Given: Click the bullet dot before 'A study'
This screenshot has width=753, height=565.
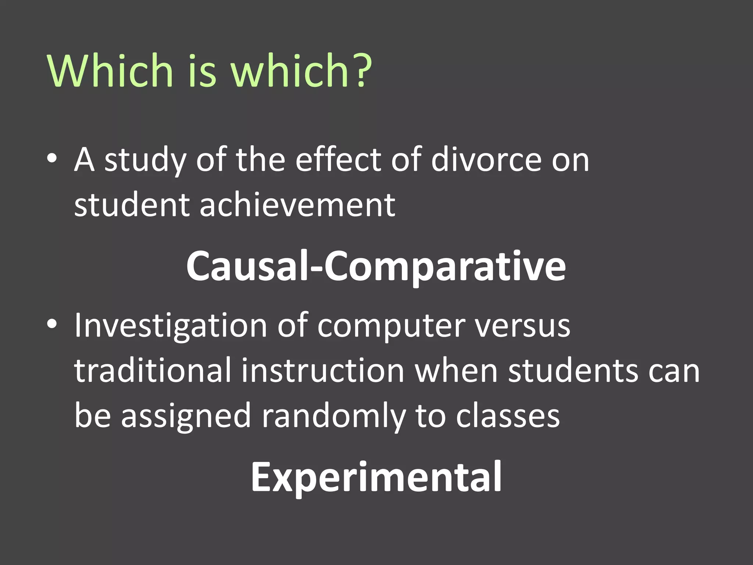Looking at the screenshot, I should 52,159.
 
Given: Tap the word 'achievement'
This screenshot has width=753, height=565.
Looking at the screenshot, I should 297,205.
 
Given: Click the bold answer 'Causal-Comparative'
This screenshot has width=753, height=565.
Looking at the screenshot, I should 376,266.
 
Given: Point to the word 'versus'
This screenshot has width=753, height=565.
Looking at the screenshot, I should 522,326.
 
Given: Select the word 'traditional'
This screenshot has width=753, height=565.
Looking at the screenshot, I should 153,371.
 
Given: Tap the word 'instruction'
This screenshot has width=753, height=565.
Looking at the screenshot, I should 323,371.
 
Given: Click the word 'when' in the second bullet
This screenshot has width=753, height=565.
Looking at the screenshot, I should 456,371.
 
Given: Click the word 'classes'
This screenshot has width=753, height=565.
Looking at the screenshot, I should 508,416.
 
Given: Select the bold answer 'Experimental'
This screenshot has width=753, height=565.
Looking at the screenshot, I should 376,477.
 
